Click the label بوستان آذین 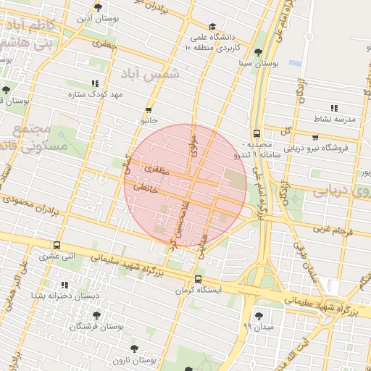point(97,17)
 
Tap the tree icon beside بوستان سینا point(259,52)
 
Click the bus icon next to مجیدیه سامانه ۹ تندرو point(257,133)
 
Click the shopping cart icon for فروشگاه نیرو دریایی point(315,136)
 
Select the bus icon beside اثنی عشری point(57,245)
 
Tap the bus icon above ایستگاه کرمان point(198,280)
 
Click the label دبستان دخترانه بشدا point(59,296)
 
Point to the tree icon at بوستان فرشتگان point(96,316)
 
